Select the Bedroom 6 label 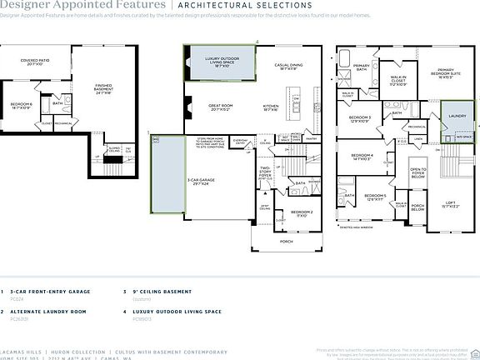click(22, 106)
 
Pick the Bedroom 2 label click(302, 213)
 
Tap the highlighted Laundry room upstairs click(456, 117)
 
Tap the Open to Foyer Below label click(417, 172)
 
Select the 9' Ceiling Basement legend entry click(156, 292)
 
